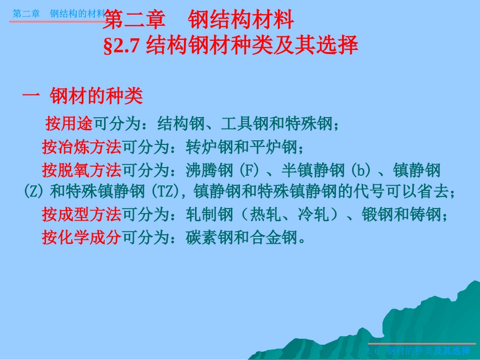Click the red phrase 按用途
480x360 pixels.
tap(69, 123)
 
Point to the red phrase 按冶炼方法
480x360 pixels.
tap(81, 147)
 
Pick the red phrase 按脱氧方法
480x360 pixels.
tap(81, 171)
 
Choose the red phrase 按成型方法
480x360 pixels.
tap(81, 215)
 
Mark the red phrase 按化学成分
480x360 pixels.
tap(81, 238)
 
